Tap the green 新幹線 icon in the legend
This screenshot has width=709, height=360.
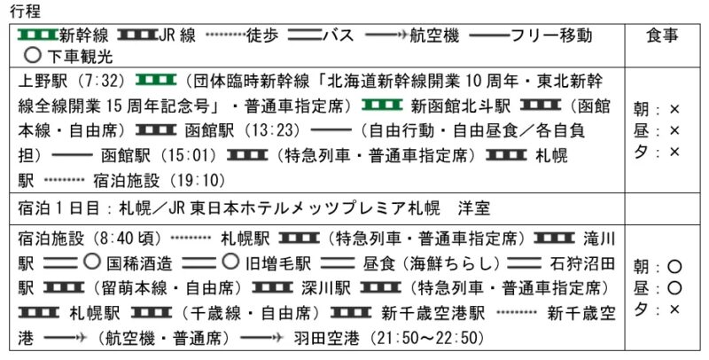coord(38,35)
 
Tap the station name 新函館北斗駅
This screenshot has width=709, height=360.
coord(461,105)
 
